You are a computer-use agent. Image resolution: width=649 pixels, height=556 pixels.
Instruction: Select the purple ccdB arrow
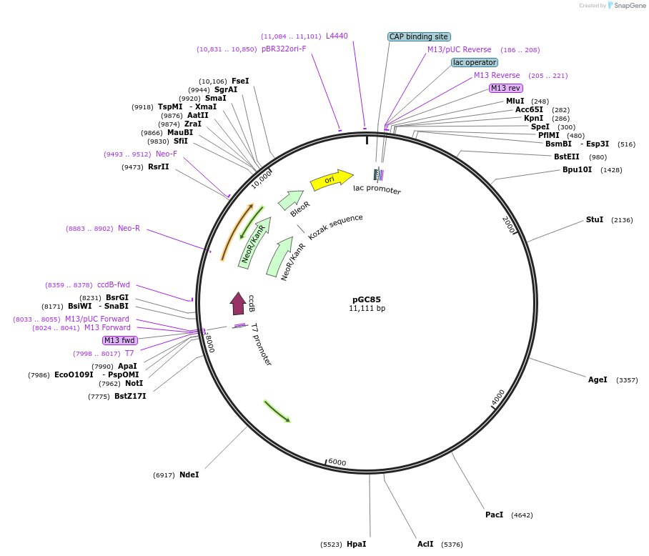tap(238, 303)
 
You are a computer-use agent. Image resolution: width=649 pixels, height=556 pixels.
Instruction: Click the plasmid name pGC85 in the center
tap(367, 299)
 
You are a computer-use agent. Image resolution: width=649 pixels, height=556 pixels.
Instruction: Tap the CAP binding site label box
tap(419, 36)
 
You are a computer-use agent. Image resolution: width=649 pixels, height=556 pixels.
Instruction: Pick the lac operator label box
tap(475, 62)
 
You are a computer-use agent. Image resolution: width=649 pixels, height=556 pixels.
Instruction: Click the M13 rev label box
tap(506, 88)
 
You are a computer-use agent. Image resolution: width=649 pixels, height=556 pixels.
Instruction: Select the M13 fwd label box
tap(119, 340)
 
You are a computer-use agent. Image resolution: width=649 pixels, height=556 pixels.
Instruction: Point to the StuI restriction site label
tap(595, 219)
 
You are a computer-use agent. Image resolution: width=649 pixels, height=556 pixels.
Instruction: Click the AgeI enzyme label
tap(598, 379)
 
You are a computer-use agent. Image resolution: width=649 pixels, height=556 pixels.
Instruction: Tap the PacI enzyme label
tap(495, 515)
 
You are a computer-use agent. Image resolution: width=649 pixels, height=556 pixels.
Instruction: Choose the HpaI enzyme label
tap(356, 544)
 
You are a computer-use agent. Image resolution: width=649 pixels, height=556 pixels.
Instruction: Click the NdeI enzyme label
tap(189, 475)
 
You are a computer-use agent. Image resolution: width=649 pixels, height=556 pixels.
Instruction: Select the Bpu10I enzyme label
tap(577, 169)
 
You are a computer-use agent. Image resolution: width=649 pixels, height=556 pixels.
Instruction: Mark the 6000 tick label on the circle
tap(337, 462)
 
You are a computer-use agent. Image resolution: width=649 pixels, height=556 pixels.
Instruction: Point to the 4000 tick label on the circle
tap(498, 397)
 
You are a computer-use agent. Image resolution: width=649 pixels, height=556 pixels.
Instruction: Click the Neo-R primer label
tap(129, 228)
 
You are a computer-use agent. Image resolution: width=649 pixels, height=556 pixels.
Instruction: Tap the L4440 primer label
tap(337, 36)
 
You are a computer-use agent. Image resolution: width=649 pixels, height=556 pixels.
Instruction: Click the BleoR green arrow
tap(291, 200)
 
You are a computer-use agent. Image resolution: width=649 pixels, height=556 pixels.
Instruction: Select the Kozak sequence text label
tap(335, 227)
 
